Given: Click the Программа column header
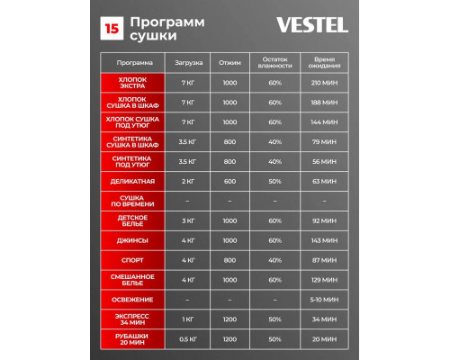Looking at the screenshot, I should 130,64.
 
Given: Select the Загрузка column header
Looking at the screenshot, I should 188,64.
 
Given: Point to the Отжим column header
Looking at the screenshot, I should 229,64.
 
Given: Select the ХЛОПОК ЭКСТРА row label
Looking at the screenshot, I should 130,84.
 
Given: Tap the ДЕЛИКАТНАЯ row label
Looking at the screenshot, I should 130,181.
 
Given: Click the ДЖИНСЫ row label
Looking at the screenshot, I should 130,240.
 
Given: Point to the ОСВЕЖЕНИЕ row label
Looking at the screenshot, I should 130,299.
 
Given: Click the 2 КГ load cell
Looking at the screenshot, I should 188,181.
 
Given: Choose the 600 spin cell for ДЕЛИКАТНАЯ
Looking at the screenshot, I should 229,181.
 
